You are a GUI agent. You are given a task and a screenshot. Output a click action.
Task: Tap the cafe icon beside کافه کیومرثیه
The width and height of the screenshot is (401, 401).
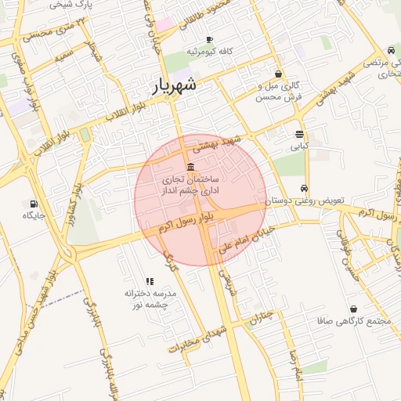[x=208, y=40]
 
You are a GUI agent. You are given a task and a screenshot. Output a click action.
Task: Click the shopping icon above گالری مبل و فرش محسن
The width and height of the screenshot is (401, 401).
[x=279, y=74]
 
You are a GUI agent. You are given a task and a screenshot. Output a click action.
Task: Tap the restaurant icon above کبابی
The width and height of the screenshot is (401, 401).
[x=300, y=134]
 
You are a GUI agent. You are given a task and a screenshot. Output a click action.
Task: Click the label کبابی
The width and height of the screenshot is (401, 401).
[x=300, y=146]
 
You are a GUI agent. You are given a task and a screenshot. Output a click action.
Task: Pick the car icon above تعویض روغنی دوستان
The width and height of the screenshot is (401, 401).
[x=303, y=189]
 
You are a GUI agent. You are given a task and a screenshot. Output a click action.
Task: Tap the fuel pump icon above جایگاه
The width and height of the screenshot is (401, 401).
[x=32, y=204]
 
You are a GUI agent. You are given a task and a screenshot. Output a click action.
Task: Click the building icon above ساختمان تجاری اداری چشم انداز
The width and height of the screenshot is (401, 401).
[x=192, y=167]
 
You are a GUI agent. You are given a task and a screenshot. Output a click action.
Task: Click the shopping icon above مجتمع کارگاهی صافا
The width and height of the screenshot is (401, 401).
[x=354, y=309]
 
